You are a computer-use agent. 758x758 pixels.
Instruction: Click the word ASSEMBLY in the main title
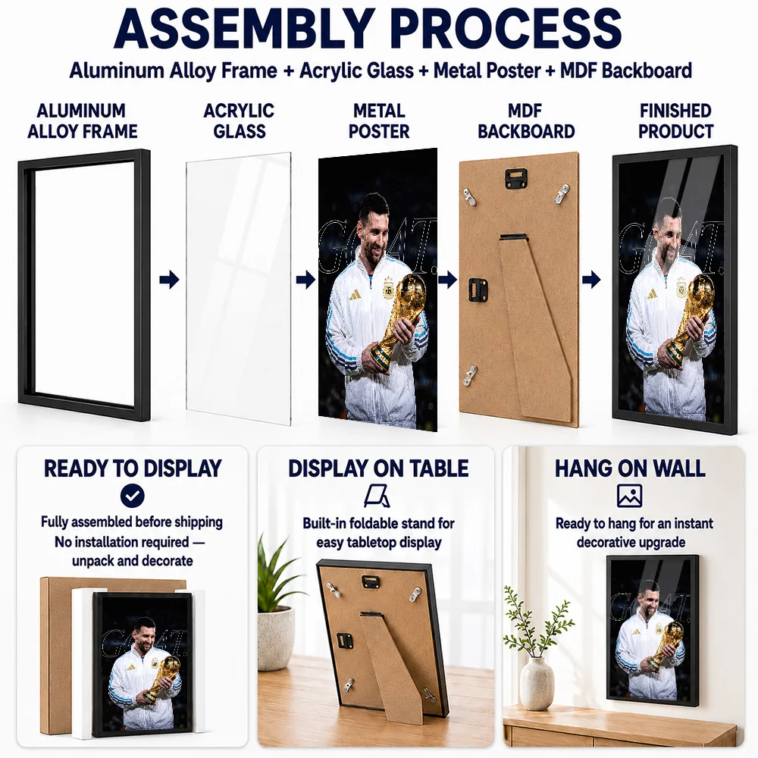coord(243,29)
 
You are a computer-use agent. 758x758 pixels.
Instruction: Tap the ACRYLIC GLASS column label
coord(239,121)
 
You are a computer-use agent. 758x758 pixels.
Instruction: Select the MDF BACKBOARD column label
coord(526,121)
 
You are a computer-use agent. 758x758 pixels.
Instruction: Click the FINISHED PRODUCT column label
coord(675,121)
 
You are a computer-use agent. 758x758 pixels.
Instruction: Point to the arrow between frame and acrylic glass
coord(169,280)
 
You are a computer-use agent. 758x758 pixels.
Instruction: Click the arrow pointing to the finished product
coord(591,280)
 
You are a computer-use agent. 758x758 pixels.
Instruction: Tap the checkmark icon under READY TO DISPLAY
coord(132,496)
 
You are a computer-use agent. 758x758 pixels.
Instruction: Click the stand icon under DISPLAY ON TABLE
coord(377,496)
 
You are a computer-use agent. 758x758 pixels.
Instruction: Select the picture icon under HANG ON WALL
coord(629,496)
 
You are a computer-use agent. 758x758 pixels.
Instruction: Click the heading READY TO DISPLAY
coord(133,468)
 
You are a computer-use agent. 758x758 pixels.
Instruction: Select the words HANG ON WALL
coord(630,468)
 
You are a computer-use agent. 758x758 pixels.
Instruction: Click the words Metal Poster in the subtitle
coord(487,70)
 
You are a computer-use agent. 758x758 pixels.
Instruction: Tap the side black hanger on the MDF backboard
coord(478,289)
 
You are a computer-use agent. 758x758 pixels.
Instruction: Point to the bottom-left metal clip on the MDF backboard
coord(469,376)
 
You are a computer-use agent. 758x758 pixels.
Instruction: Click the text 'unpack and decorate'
coord(133,561)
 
